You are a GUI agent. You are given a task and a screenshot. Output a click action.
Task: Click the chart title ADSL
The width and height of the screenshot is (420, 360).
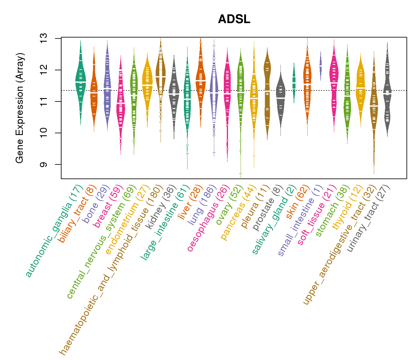point(234,19)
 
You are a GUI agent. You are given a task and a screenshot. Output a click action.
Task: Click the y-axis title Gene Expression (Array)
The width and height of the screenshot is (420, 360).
point(20,108)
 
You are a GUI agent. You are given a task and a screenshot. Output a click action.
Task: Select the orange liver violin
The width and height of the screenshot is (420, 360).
point(200,81)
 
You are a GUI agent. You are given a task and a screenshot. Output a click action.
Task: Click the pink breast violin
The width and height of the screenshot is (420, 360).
point(121,102)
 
